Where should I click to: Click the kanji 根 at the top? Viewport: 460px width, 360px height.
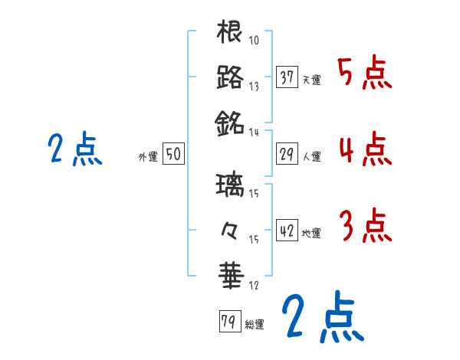click(230, 33)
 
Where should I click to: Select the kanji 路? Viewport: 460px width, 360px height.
click(230, 77)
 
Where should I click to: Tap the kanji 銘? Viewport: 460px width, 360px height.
click(230, 121)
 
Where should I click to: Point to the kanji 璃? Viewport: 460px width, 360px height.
click(230, 186)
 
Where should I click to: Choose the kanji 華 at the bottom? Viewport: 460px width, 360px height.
click(230, 272)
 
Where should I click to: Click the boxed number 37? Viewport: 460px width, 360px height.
click(287, 77)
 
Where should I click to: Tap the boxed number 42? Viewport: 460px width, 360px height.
click(287, 231)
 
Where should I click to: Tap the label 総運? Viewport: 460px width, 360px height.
click(255, 324)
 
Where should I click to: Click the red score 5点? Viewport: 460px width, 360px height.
click(365, 74)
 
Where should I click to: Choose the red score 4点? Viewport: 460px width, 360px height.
click(365, 149)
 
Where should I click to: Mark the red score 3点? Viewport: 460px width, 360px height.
click(365, 226)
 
